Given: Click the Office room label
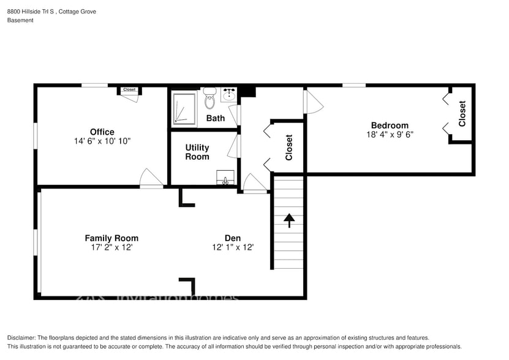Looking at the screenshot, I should pos(102,132).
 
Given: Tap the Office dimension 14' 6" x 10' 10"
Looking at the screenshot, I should pos(102,141).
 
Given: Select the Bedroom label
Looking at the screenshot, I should pos(389,126).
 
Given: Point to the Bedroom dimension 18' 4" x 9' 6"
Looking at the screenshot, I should pos(390,135).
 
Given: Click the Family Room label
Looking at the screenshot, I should pos(111,238).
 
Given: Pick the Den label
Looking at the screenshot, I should pos(232,238).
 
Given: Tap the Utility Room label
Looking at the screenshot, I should pos(197,152).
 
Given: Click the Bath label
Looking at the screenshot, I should pos(215,118).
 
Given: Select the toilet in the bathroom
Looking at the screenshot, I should pos(210,97).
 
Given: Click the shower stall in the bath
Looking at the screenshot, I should pos(184,108).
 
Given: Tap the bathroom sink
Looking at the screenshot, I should pos(228,95).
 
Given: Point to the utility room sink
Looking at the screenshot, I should pos(225,178).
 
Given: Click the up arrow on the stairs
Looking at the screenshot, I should pos(288,220).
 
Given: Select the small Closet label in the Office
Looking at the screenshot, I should pos(129,90).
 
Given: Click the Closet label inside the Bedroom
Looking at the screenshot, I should pos(462,113).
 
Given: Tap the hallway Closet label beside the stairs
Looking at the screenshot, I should pos(288,148).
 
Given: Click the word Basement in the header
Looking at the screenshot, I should pos(20,20).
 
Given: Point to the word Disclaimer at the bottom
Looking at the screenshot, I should pos(22,338).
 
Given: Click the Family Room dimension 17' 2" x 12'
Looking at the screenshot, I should pos(111,247).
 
